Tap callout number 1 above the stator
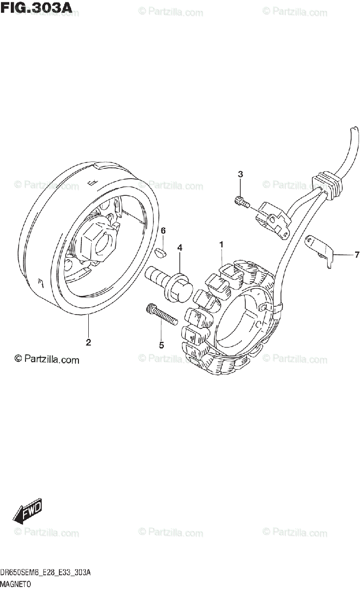[x=222, y=244]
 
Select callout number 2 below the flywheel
[x=88, y=343]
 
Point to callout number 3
[x=240, y=174]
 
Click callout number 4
[x=180, y=247]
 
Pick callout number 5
[x=161, y=345]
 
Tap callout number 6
[x=163, y=231]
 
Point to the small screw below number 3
[x=241, y=201]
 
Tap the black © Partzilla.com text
[x=47, y=360]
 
